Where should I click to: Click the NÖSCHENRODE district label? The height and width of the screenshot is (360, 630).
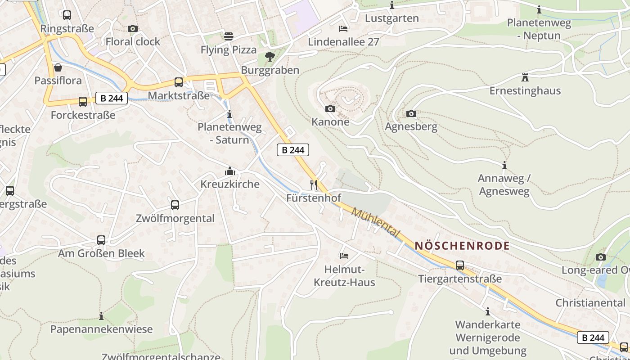tap(462, 246)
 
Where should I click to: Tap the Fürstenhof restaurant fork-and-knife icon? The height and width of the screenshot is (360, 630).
tap(314, 184)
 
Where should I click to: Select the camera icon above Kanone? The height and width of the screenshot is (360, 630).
tap(330, 108)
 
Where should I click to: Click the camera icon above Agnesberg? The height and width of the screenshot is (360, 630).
tap(411, 113)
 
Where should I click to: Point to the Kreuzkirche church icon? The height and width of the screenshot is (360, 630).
tap(230, 171)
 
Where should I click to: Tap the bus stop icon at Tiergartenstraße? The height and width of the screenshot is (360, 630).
tap(459, 265)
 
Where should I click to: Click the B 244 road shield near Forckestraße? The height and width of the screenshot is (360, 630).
tap(112, 98)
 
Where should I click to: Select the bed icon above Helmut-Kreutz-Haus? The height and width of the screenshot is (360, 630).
tap(344, 256)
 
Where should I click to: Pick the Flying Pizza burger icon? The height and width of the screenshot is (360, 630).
tap(229, 36)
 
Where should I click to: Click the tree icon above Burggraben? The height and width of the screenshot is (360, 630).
tap(270, 56)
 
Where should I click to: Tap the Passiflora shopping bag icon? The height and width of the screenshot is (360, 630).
tap(58, 67)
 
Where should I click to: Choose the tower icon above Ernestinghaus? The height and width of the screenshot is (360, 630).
tap(525, 77)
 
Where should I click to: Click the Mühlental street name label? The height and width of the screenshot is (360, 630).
tap(375, 222)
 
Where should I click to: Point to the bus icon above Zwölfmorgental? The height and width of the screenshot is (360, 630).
tap(175, 205)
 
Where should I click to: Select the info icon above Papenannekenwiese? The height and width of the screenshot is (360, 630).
tap(101, 316)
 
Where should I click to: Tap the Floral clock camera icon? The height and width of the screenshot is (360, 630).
tap(132, 28)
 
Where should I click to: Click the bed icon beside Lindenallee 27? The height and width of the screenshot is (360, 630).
tap(343, 29)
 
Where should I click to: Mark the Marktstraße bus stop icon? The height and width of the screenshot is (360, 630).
tap(179, 82)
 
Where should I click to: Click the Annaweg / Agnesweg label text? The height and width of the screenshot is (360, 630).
tap(504, 184)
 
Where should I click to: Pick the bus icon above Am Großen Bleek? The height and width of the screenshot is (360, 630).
tap(101, 240)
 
